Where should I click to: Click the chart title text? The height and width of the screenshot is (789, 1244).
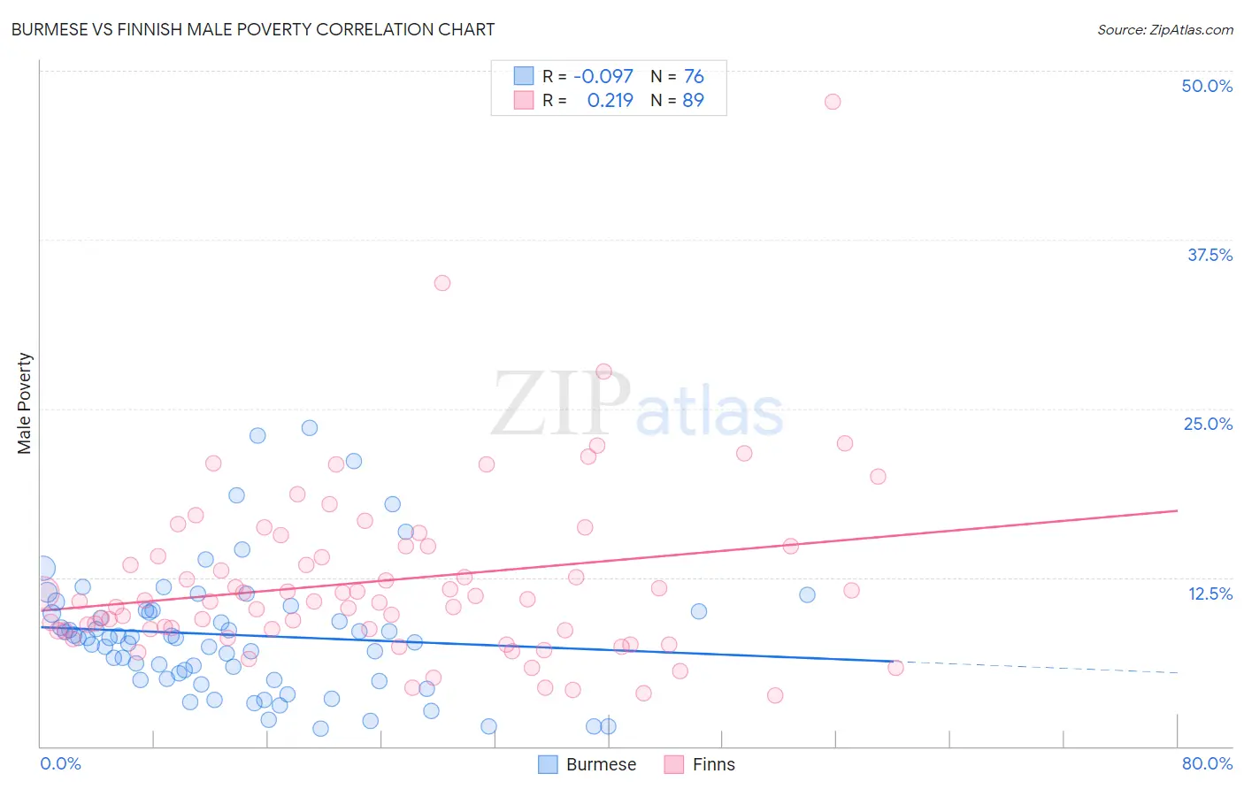(x=253, y=29)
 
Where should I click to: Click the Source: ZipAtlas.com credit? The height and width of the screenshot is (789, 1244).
(x=1164, y=29)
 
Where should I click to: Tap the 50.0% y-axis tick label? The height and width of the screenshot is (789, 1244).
(x=1206, y=86)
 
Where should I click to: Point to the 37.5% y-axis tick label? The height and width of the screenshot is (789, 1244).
(x=1209, y=255)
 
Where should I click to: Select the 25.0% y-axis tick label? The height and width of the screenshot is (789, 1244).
(x=1207, y=424)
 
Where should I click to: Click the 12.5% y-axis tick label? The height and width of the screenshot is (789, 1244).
(x=1209, y=594)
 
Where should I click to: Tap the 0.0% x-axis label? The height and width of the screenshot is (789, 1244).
(x=60, y=763)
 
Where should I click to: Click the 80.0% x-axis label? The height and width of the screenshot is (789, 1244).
(x=1206, y=763)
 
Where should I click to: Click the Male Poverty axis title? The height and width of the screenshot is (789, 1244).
(x=25, y=403)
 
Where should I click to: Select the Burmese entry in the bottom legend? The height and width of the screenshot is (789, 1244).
(x=600, y=764)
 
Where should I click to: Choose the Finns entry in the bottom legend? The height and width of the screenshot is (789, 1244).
(x=712, y=764)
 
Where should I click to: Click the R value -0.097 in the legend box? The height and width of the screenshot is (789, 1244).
(x=603, y=76)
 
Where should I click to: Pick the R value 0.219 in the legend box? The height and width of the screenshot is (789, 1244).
(x=610, y=100)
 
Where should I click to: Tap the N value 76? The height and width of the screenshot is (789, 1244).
(x=694, y=76)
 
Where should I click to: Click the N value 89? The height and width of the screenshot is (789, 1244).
(x=693, y=100)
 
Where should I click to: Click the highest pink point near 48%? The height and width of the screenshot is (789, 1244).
(x=832, y=102)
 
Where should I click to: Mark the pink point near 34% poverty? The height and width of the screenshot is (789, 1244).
(x=442, y=283)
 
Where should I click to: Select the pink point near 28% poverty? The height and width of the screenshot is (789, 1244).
(x=603, y=372)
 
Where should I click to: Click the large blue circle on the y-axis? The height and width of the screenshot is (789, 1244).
(x=42, y=569)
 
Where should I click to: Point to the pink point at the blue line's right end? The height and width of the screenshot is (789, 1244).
(x=895, y=668)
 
